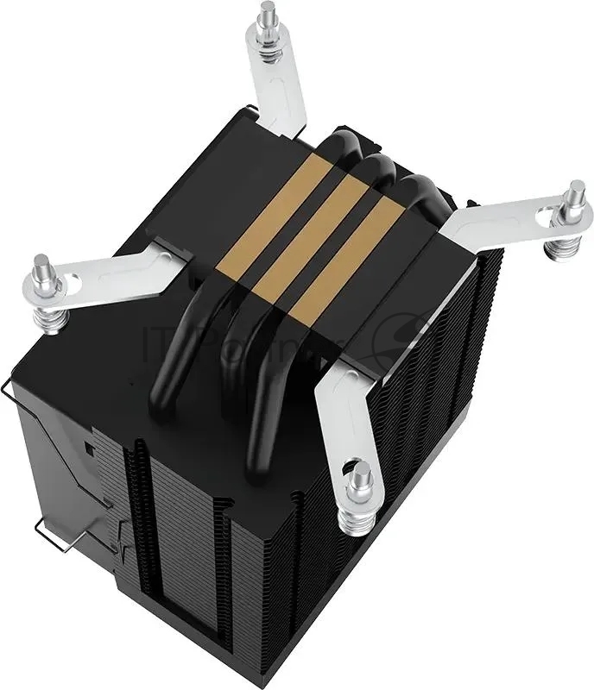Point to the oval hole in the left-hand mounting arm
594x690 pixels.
point(79,279)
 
